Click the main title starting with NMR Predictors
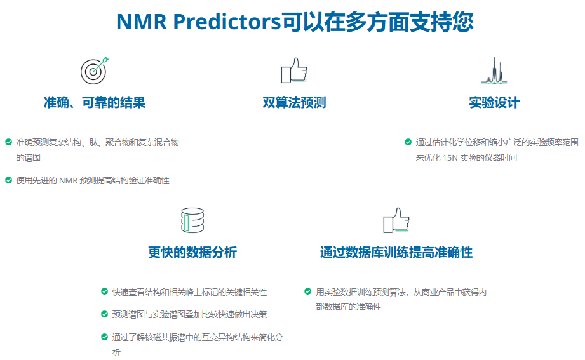pos(295,22)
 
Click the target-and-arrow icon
pos(95,70)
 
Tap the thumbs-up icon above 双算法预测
pos(294,70)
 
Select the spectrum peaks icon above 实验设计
pos(494,70)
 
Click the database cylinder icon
pos(192,220)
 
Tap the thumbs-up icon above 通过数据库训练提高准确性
pos(396,220)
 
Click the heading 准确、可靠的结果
pos(95,102)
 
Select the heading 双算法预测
pos(294,102)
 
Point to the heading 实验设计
pos(494,102)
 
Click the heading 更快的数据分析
pos(192,252)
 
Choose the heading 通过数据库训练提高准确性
pos(396,252)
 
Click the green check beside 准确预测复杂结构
pos(9,142)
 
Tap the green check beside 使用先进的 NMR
pos(9,180)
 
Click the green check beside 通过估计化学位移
pos(408,142)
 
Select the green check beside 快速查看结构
pos(104,291)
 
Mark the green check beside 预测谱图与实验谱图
pos(104,314)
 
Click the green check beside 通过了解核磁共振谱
pos(104,337)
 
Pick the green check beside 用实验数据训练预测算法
pos(308,291)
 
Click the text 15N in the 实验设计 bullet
pos(450,158)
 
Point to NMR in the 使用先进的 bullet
pos(68,180)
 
